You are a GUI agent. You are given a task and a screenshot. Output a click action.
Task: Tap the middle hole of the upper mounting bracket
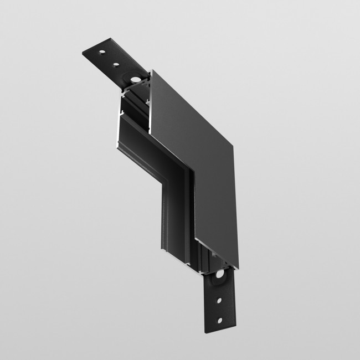coord(116,64)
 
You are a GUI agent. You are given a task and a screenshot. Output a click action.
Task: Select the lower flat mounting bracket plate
coord(220,302)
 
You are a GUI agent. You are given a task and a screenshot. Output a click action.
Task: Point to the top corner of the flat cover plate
coord(151,69)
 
